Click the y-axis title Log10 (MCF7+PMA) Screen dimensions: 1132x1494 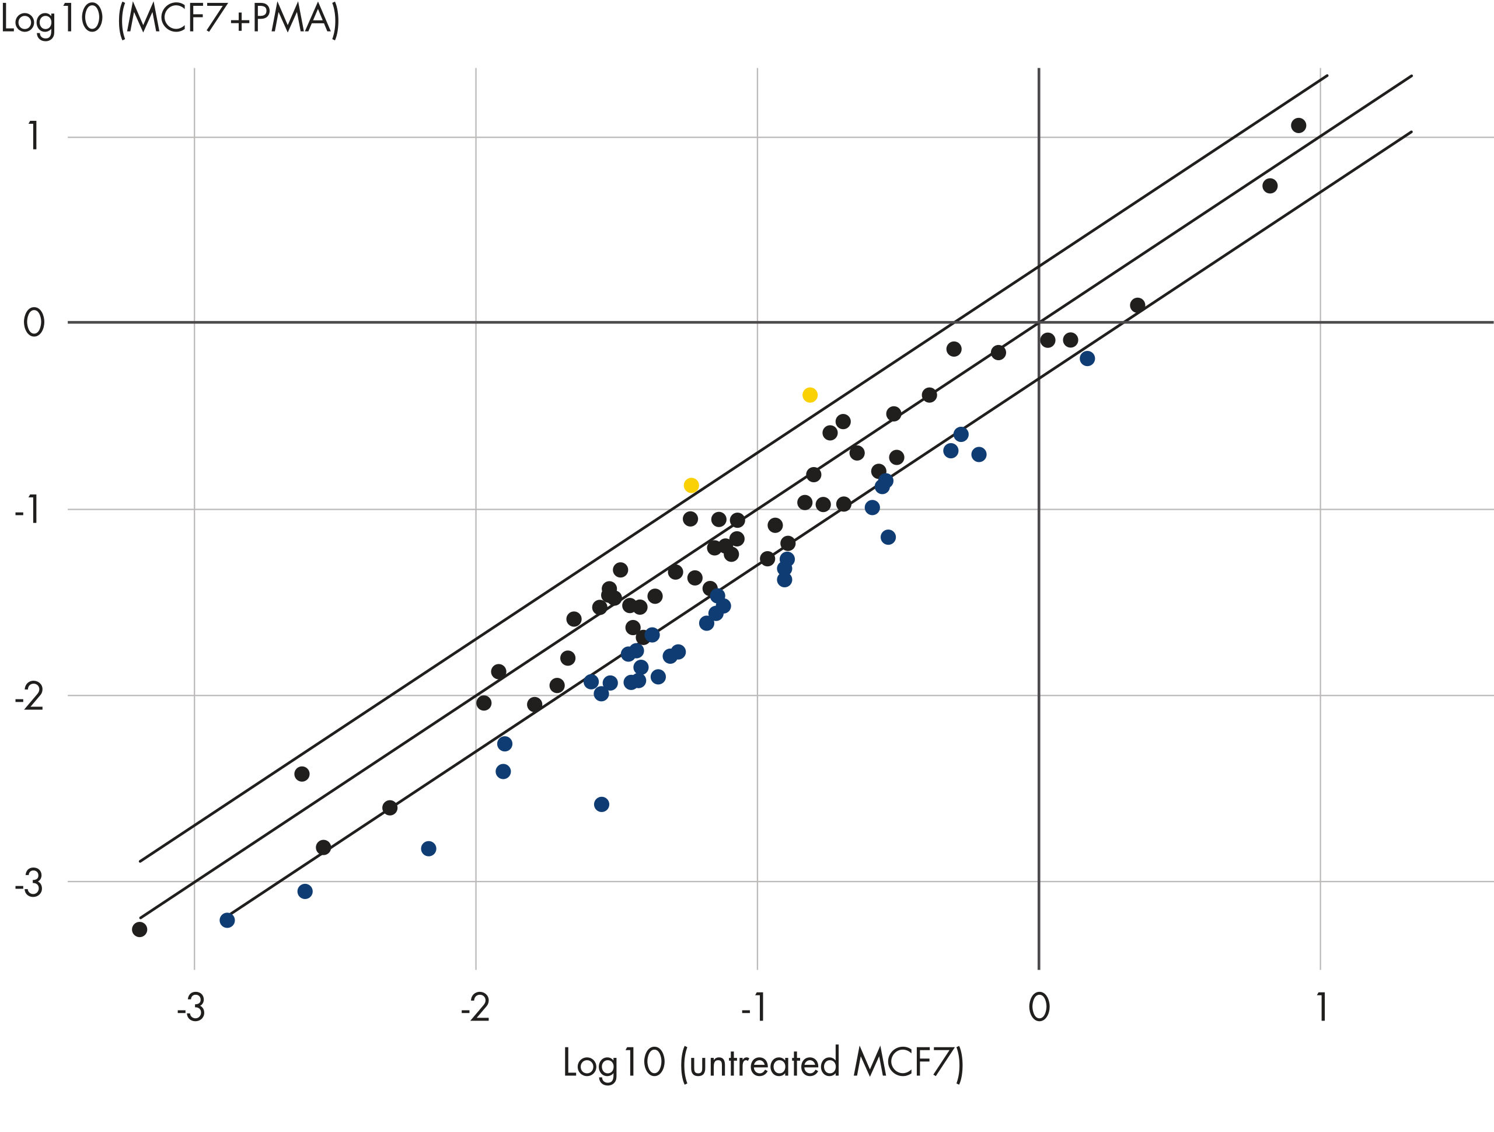(x=170, y=20)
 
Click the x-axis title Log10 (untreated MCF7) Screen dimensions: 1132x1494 (x=763, y=1063)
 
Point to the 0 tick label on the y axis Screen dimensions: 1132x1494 (x=34, y=322)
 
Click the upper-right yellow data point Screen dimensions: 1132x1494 (x=810, y=395)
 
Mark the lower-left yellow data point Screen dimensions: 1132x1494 (x=691, y=485)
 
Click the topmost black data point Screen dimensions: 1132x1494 (x=1298, y=125)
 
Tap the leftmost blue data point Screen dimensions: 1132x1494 (x=227, y=920)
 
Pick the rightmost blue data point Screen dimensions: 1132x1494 (x=1087, y=358)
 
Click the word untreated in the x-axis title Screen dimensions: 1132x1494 (x=764, y=1063)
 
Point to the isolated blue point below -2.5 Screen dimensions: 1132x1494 (x=601, y=803)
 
